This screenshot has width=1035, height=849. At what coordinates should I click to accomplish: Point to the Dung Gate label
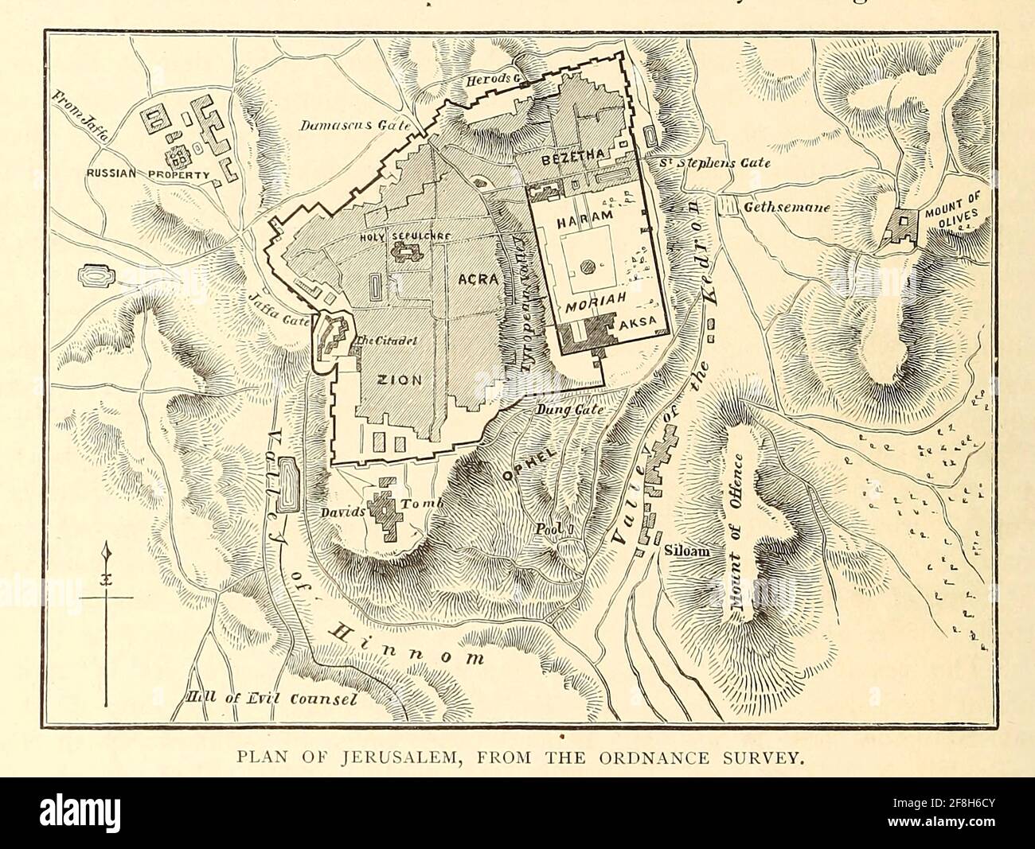[x=566, y=408]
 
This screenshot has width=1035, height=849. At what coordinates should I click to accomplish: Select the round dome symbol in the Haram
[x=587, y=267]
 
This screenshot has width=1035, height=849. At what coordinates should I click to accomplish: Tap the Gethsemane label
[x=787, y=208]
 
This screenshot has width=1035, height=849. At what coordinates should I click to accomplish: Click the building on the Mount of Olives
[x=904, y=226]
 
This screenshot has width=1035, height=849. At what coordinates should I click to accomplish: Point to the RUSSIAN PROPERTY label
[x=149, y=173]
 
